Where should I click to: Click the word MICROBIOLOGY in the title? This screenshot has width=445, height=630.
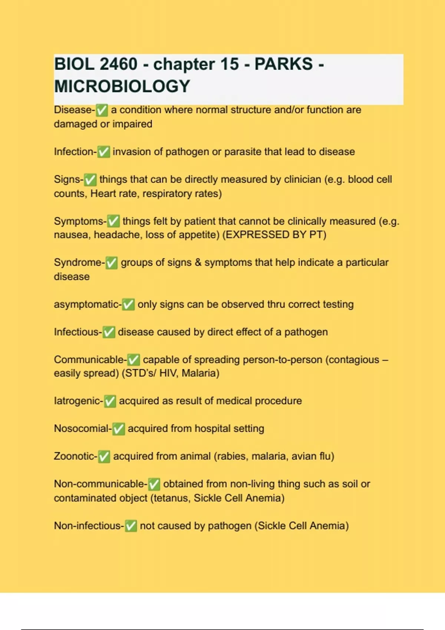(x=122, y=86)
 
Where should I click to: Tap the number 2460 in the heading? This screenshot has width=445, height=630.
(x=118, y=64)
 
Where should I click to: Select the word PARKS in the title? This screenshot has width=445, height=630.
(x=284, y=64)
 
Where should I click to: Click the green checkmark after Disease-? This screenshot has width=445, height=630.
(x=102, y=110)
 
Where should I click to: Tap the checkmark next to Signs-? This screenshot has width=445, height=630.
(x=90, y=180)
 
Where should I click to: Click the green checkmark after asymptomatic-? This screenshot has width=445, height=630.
(x=128, y=305)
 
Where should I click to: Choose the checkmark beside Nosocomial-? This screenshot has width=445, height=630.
(x=119, y=429)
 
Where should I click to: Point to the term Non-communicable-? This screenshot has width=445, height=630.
(x=100, y=484)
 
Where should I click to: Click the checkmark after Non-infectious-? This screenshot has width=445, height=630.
(x=131, y=526)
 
